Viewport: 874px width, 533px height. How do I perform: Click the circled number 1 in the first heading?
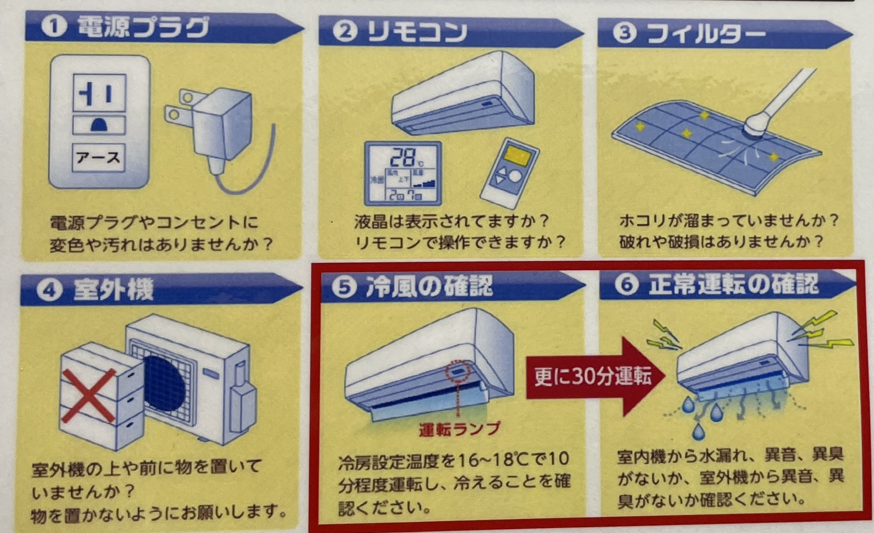click(54, 26)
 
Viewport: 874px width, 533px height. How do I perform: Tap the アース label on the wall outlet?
click(98, 158)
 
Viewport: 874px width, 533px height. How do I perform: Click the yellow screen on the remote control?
click(517, 157)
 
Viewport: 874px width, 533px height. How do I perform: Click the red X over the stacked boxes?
click(90, 395)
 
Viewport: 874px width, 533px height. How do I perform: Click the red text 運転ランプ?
click(460, 429)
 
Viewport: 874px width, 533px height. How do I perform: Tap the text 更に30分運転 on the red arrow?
click(592, 377)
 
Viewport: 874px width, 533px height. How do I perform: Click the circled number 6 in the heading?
click(627, 284)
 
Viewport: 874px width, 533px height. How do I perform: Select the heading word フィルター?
click(706, 34)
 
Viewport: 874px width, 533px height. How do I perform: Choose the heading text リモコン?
click(417, 31)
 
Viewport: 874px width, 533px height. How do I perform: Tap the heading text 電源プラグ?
click(143, 27)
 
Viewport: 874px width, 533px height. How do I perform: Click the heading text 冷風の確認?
click(429, 285)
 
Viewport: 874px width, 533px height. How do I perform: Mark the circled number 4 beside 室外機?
click(50, 290)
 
